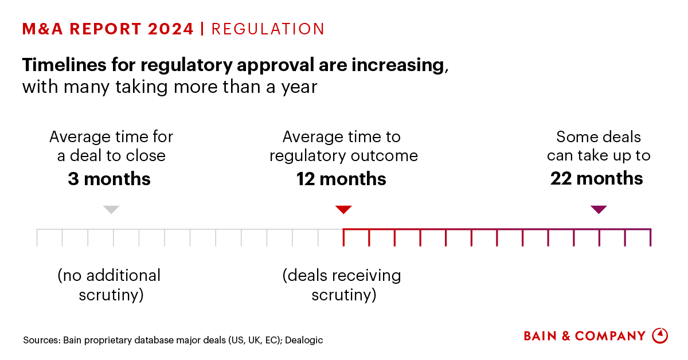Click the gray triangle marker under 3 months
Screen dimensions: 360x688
coord(111,209)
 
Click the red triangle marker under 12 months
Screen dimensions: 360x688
coord(343,209)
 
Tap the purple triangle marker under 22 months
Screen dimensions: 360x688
coord(599,209)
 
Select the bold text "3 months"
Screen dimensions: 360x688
coord(109,179)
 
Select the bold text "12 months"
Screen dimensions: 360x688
coord(341,179)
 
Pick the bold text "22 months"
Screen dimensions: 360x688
coord(596,179)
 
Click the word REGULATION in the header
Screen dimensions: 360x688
coord(268,29)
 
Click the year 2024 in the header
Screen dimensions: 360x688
coord(170,29)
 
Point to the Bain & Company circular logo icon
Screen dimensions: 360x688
coord(660,335)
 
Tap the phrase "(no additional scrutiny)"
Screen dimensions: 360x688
coord(109,285)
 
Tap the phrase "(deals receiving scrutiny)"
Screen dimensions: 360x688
coord(342,285)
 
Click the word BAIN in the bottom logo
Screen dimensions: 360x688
coord(540,336)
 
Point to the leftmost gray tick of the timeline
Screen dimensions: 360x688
coord(37,237)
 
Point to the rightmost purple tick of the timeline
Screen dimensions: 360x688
coord(650,237)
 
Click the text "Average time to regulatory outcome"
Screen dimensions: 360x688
coord(342,146)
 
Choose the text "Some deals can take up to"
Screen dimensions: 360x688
coord(598,146)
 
